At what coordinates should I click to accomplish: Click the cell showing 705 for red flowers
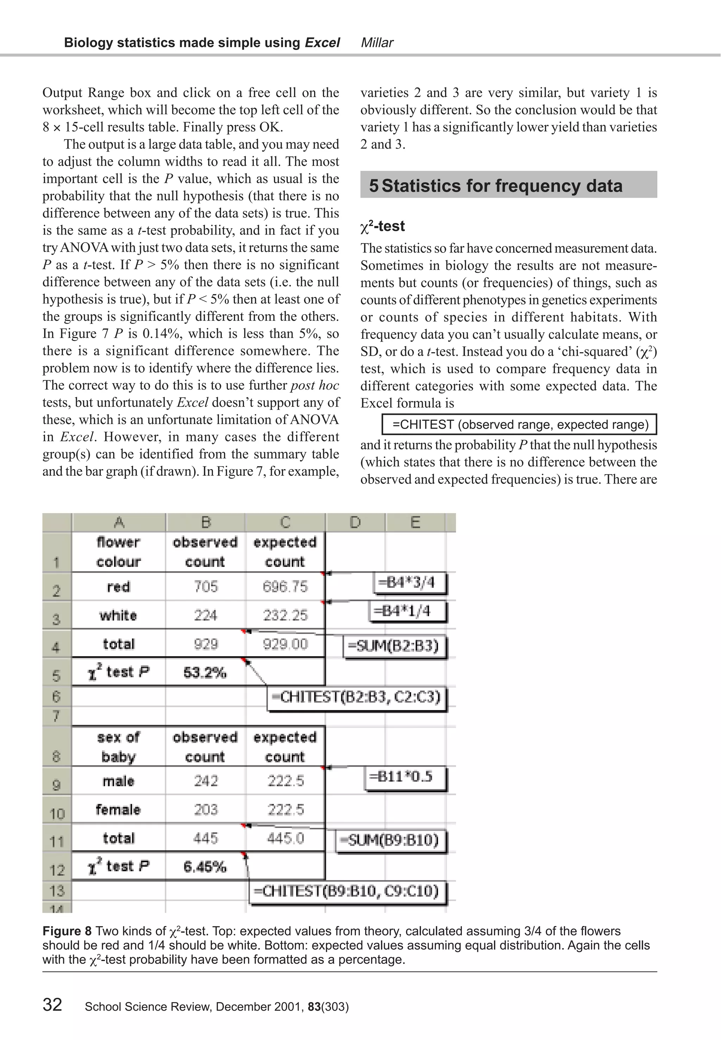(206, 587)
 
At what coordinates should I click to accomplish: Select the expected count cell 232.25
(285, 615)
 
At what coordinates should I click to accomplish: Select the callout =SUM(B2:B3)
(395, 646)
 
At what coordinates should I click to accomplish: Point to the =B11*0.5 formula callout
(405, 777)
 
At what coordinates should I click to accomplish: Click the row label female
(118, 809)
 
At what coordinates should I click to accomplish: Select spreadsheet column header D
(355, 523)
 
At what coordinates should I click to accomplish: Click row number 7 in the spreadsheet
(56, 716)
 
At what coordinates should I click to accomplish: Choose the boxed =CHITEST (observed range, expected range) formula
(520, 425)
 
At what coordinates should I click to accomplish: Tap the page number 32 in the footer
(52, 1004)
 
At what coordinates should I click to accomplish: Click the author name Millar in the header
(377, 43)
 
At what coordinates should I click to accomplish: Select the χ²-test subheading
(383, 226)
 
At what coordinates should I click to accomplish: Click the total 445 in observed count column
(206, 839)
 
